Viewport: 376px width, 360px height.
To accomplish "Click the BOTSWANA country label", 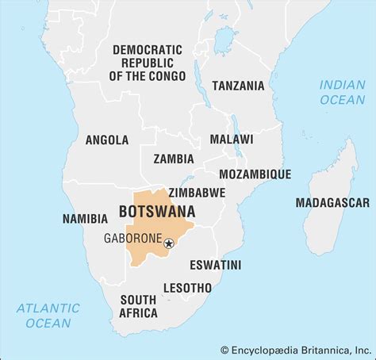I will (157, 213).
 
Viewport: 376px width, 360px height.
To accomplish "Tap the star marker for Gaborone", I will (169, 244).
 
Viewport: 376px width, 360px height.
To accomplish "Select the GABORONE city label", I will (132, 238).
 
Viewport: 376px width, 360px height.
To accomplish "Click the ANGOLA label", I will (106, 140).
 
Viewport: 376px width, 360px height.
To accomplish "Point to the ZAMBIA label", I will (174, 158).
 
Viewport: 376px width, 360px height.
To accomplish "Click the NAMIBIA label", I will (85, 218).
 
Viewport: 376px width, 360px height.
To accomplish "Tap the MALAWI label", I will (232, 139).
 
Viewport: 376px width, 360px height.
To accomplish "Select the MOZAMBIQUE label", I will (255, 174).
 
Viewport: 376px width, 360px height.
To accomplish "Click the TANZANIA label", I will (238, 86).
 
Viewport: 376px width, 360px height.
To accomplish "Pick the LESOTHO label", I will (187, 287).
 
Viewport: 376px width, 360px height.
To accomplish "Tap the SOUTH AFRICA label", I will (138, 306).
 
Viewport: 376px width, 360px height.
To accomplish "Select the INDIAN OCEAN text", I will (342, 92).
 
